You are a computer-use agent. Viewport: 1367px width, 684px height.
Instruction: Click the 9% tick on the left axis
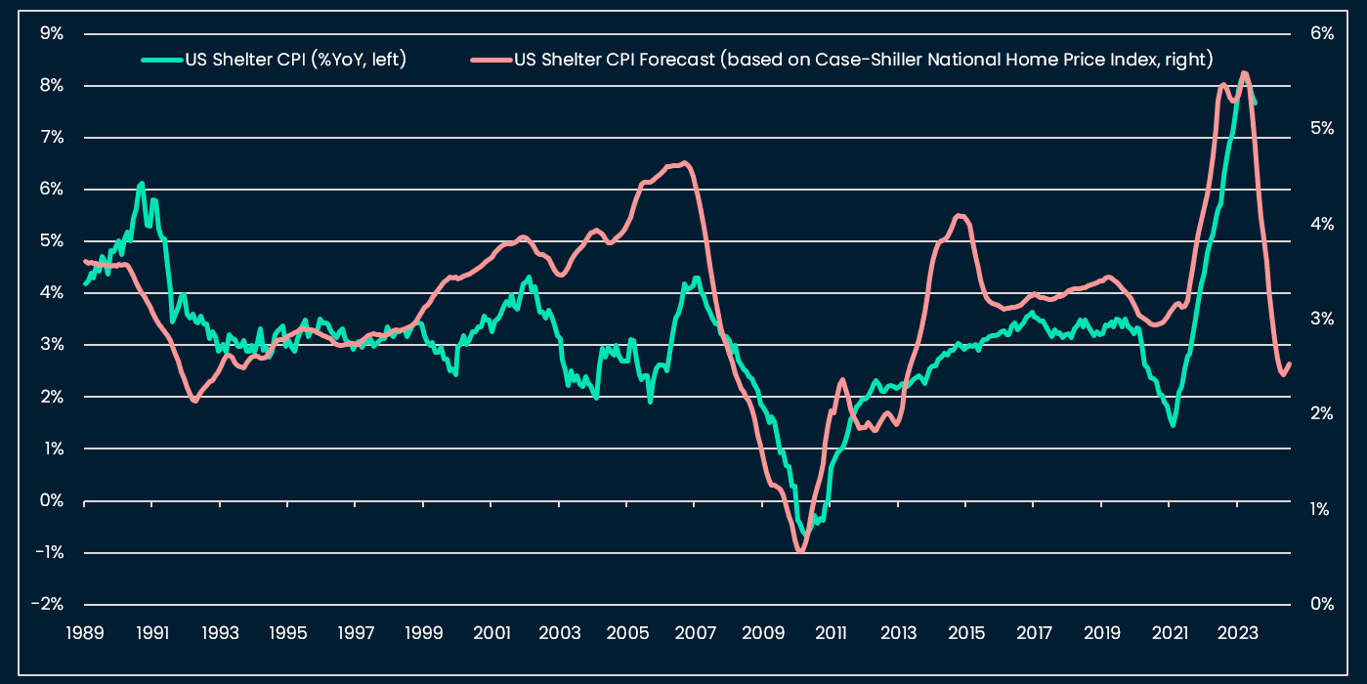click(x=51, y=33)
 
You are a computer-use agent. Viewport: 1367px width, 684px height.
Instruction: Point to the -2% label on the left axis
click(x=48, y=604)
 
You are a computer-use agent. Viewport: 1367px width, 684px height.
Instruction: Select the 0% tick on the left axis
click(x=51, y=500)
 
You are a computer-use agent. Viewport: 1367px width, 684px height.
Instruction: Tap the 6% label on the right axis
click(x=1322, y=33)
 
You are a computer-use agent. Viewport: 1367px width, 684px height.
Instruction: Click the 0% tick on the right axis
click(x=1322, y=604)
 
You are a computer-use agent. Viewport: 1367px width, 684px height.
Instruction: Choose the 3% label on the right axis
click(x=1322, y=319)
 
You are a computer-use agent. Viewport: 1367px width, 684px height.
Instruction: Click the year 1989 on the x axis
click(x=84, y=632)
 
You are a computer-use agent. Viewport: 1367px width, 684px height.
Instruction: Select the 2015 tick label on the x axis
click(x=966, y=632)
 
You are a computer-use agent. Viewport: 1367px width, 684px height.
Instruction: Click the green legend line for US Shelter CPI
click(x=161, y=60)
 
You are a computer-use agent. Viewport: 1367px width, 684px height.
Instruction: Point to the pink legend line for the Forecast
click(x=491, y=60)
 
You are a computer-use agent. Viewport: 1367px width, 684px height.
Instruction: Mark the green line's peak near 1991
click(x=142, y=184)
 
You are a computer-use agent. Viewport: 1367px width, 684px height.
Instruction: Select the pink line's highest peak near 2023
click(x=1244, y=73)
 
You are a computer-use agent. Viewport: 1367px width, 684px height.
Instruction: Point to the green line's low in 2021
click(x=1173, y=424)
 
